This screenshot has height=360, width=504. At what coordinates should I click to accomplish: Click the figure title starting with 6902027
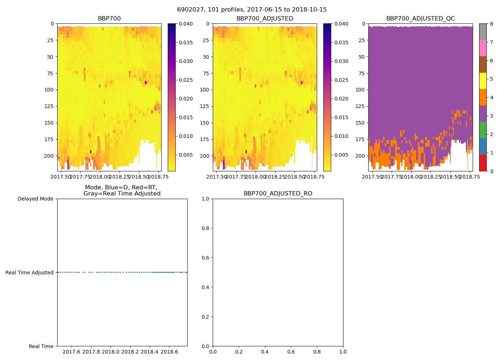(x=252, y=10)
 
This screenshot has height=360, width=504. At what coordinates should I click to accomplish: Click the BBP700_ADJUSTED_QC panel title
(x=420, y=19)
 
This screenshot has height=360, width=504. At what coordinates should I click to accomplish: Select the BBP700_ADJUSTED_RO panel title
(x=278, y=194)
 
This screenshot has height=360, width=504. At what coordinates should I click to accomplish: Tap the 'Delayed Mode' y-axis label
(x=35, y=199)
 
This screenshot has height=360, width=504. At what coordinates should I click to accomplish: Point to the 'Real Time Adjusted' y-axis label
(x=30, y=273)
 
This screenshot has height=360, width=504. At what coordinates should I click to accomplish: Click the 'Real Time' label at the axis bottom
(x=41, y=346)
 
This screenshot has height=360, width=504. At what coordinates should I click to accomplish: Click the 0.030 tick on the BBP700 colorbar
(x=186, y=61)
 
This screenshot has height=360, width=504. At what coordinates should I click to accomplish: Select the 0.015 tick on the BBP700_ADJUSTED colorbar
(x=341, y=117)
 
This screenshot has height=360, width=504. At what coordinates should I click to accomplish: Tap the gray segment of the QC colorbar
(x=483, y=32)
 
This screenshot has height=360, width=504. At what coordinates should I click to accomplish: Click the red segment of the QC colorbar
(x=483, y=163)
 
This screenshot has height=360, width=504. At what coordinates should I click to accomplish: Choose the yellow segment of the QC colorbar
(x=483, y=81)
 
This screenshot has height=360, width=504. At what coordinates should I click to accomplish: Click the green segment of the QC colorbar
(x=483, y=130)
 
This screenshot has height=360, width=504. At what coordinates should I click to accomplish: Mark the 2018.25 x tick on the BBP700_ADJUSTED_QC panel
(x=431, y=177)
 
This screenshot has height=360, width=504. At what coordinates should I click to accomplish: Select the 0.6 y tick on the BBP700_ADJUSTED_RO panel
(x=206, y=258)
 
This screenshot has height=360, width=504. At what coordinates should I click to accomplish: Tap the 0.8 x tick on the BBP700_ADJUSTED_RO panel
(x=317, y=352)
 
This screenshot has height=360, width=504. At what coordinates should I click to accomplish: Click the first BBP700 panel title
(x=109, y=19)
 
